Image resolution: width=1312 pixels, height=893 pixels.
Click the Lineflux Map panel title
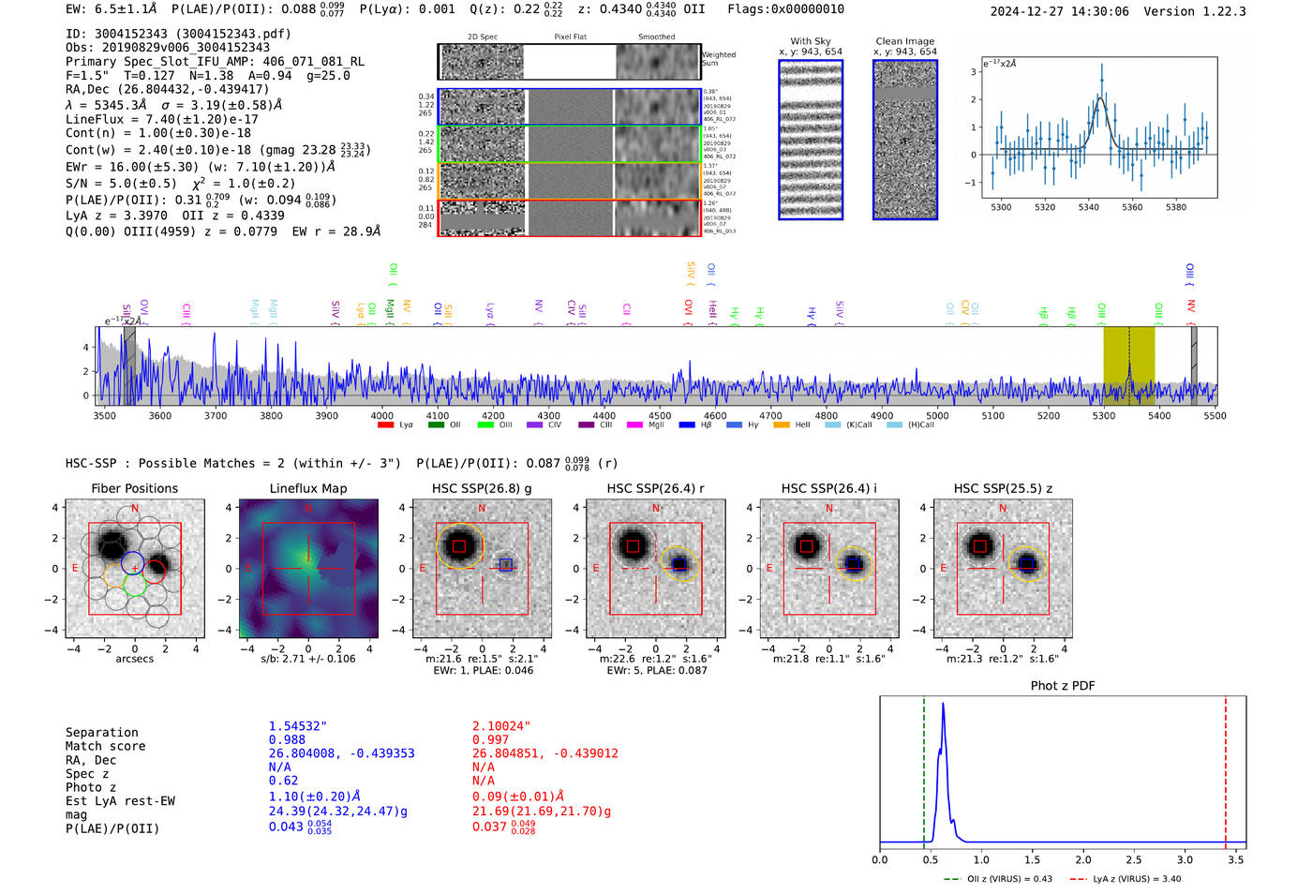click(x=307, y=488)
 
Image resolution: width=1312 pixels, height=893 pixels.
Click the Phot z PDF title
click(x=1063, y=686)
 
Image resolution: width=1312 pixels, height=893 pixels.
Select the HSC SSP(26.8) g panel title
click(x=482, y=488)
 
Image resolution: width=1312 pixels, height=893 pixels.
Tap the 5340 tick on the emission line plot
click(x=1088, y=207)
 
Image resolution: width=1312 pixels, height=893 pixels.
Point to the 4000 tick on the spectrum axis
click(x=381, y=415)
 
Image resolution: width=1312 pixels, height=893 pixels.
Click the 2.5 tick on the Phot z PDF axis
click(x=1134, y=859)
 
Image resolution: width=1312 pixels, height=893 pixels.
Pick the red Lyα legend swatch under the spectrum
click(x=385, y=425)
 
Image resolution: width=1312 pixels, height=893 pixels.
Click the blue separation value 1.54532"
click(x=298, y=726)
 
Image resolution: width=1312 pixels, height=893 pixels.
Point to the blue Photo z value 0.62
click(x=283, y=781)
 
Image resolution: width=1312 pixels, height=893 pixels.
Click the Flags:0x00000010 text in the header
click(x=785, y=9)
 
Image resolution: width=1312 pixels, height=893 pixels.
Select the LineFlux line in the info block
click(x=161, y=120)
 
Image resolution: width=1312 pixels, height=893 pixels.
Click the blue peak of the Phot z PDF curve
click(x=943, y=705)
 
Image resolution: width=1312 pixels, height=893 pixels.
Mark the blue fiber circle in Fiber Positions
click(x=132, y=563)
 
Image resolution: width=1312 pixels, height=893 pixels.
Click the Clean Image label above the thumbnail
click(x=904, y=41)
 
